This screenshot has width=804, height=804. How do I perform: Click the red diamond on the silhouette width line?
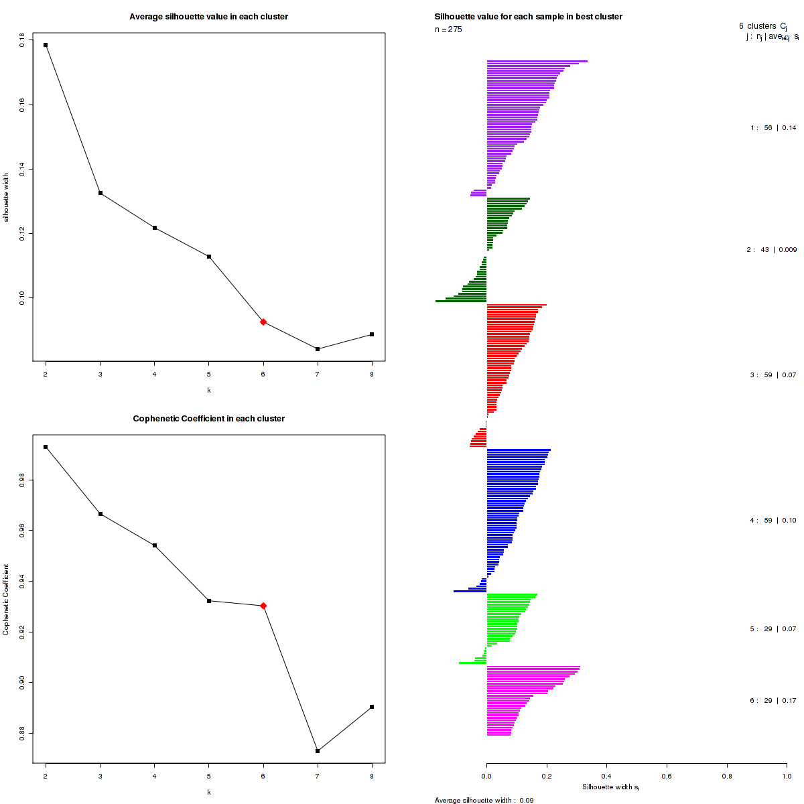point(263,322)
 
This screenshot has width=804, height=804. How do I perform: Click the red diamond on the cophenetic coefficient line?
point(263,606)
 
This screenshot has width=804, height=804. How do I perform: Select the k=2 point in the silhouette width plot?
point(46,45)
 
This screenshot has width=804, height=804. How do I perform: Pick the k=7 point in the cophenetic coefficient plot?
point(318,751)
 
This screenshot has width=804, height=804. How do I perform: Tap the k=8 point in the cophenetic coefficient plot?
point(372,707)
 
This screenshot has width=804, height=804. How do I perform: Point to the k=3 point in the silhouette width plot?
point(100,193)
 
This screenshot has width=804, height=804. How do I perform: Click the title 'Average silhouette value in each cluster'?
point(208,17)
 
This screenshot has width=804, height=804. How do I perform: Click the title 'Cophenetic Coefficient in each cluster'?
point(208,419)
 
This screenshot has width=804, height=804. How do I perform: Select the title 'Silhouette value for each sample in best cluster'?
point(528,17)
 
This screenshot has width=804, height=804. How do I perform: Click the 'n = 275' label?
point(448,29)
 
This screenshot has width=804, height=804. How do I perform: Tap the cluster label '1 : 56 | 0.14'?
point(773,127)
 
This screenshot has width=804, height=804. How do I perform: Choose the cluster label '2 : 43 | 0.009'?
point(772,250)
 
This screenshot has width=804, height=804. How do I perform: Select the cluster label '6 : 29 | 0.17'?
point(773,701)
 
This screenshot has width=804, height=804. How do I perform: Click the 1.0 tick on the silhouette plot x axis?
point(786,777)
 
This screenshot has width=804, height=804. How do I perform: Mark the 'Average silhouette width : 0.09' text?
point(484,800)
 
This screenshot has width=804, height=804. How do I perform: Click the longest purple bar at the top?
point(537,61)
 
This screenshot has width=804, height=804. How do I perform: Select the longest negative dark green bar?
point(461,301)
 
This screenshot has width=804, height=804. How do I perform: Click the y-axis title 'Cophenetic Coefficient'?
point(6,600)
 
